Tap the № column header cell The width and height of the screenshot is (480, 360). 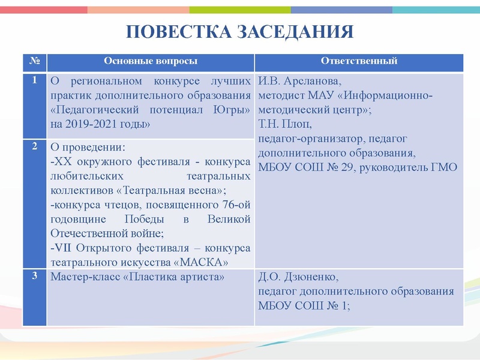tap(34, 62)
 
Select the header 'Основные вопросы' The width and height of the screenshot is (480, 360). tap(150, 62)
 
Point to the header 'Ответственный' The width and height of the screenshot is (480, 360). tap(359, 62)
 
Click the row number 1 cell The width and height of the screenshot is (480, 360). tap(34, 80)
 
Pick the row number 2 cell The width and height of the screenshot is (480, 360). tap(34, 146)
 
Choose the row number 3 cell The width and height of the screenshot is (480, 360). tap(34, 276)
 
